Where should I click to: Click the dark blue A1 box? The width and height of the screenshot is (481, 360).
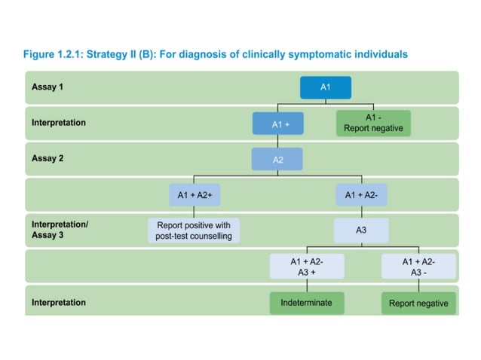326,87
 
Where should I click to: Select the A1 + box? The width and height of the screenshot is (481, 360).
277,124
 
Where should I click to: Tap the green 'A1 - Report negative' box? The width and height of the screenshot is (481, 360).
372,123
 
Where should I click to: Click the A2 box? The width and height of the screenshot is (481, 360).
277,159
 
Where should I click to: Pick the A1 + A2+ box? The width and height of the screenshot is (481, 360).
194,195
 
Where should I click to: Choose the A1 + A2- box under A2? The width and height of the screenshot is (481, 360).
361,195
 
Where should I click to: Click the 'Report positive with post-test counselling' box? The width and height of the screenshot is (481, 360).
195,230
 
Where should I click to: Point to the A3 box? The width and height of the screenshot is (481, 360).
361,230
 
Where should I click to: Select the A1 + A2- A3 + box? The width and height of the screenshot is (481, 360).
307,266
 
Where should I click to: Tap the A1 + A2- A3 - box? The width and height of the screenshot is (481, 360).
418,266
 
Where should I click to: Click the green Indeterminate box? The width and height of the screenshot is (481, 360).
307,303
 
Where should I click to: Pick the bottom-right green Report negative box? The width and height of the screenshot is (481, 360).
418,304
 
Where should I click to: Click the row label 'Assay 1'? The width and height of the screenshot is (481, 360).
47,87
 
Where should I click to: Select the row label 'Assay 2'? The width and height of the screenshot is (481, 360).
47,158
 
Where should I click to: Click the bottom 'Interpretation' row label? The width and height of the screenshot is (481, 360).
59,303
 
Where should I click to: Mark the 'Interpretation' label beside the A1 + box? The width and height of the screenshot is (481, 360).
59,123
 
